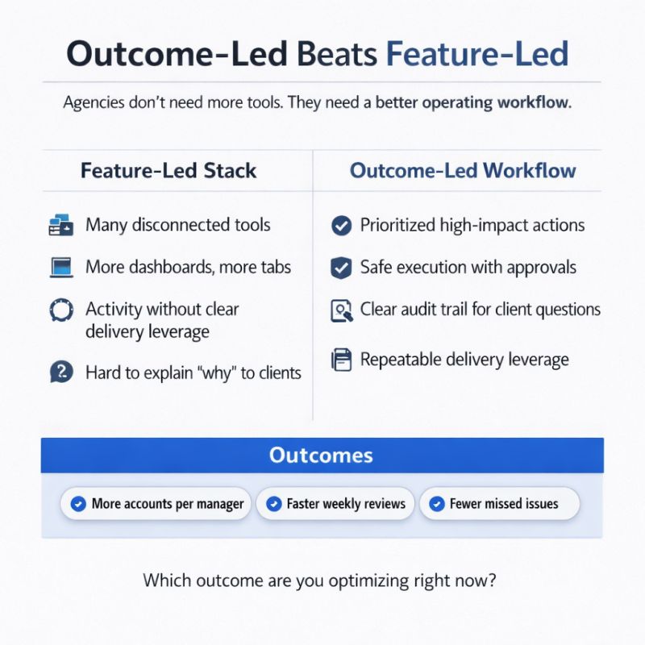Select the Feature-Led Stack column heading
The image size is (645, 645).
[x=169, y=171]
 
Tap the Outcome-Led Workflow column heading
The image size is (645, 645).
[x=463, y=171]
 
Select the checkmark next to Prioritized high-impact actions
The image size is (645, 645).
[x=342, y=226]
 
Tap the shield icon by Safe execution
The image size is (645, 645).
[x=342, y=268]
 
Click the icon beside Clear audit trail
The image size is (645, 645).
[x=342, y=310]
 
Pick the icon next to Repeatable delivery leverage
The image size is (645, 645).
[x=342, y=360]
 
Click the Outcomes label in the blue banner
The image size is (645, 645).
[x=321, y=456]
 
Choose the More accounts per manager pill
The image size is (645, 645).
[x=156, y=504]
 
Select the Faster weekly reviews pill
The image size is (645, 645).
[x=335, y=504]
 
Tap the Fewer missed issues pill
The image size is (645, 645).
[x=500, y=504]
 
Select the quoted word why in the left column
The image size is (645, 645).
[x=215, y=372]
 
